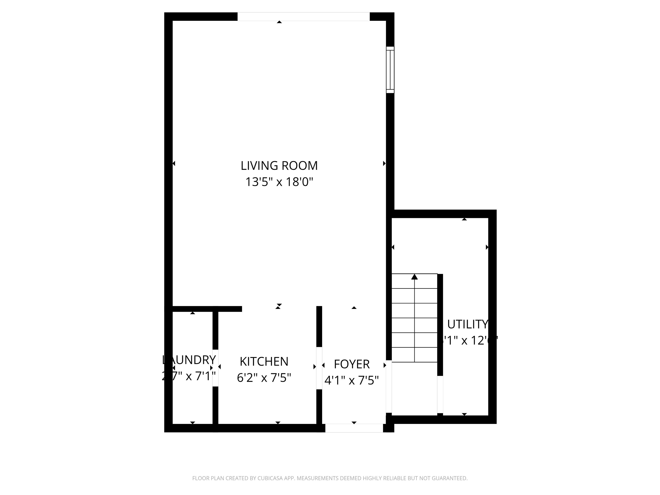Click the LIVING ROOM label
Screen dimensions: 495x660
coord(279,166)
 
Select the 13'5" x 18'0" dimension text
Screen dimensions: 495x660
coord(279,182)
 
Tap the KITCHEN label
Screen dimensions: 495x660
coord(264,362)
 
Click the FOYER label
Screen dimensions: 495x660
coord(351,364)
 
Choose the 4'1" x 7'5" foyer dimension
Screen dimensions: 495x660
coord(351,380)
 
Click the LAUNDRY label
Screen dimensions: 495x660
coord(189,360)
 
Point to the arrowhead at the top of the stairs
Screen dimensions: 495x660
coord(414,277)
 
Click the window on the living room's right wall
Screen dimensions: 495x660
coord(390,70)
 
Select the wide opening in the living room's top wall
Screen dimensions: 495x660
coord(303,17)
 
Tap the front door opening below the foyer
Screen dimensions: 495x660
coord(354,428)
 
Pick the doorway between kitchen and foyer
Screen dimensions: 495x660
coord(319,368)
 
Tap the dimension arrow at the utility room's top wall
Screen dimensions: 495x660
coord(464,219)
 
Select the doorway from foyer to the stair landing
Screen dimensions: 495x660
coord(389,387)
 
